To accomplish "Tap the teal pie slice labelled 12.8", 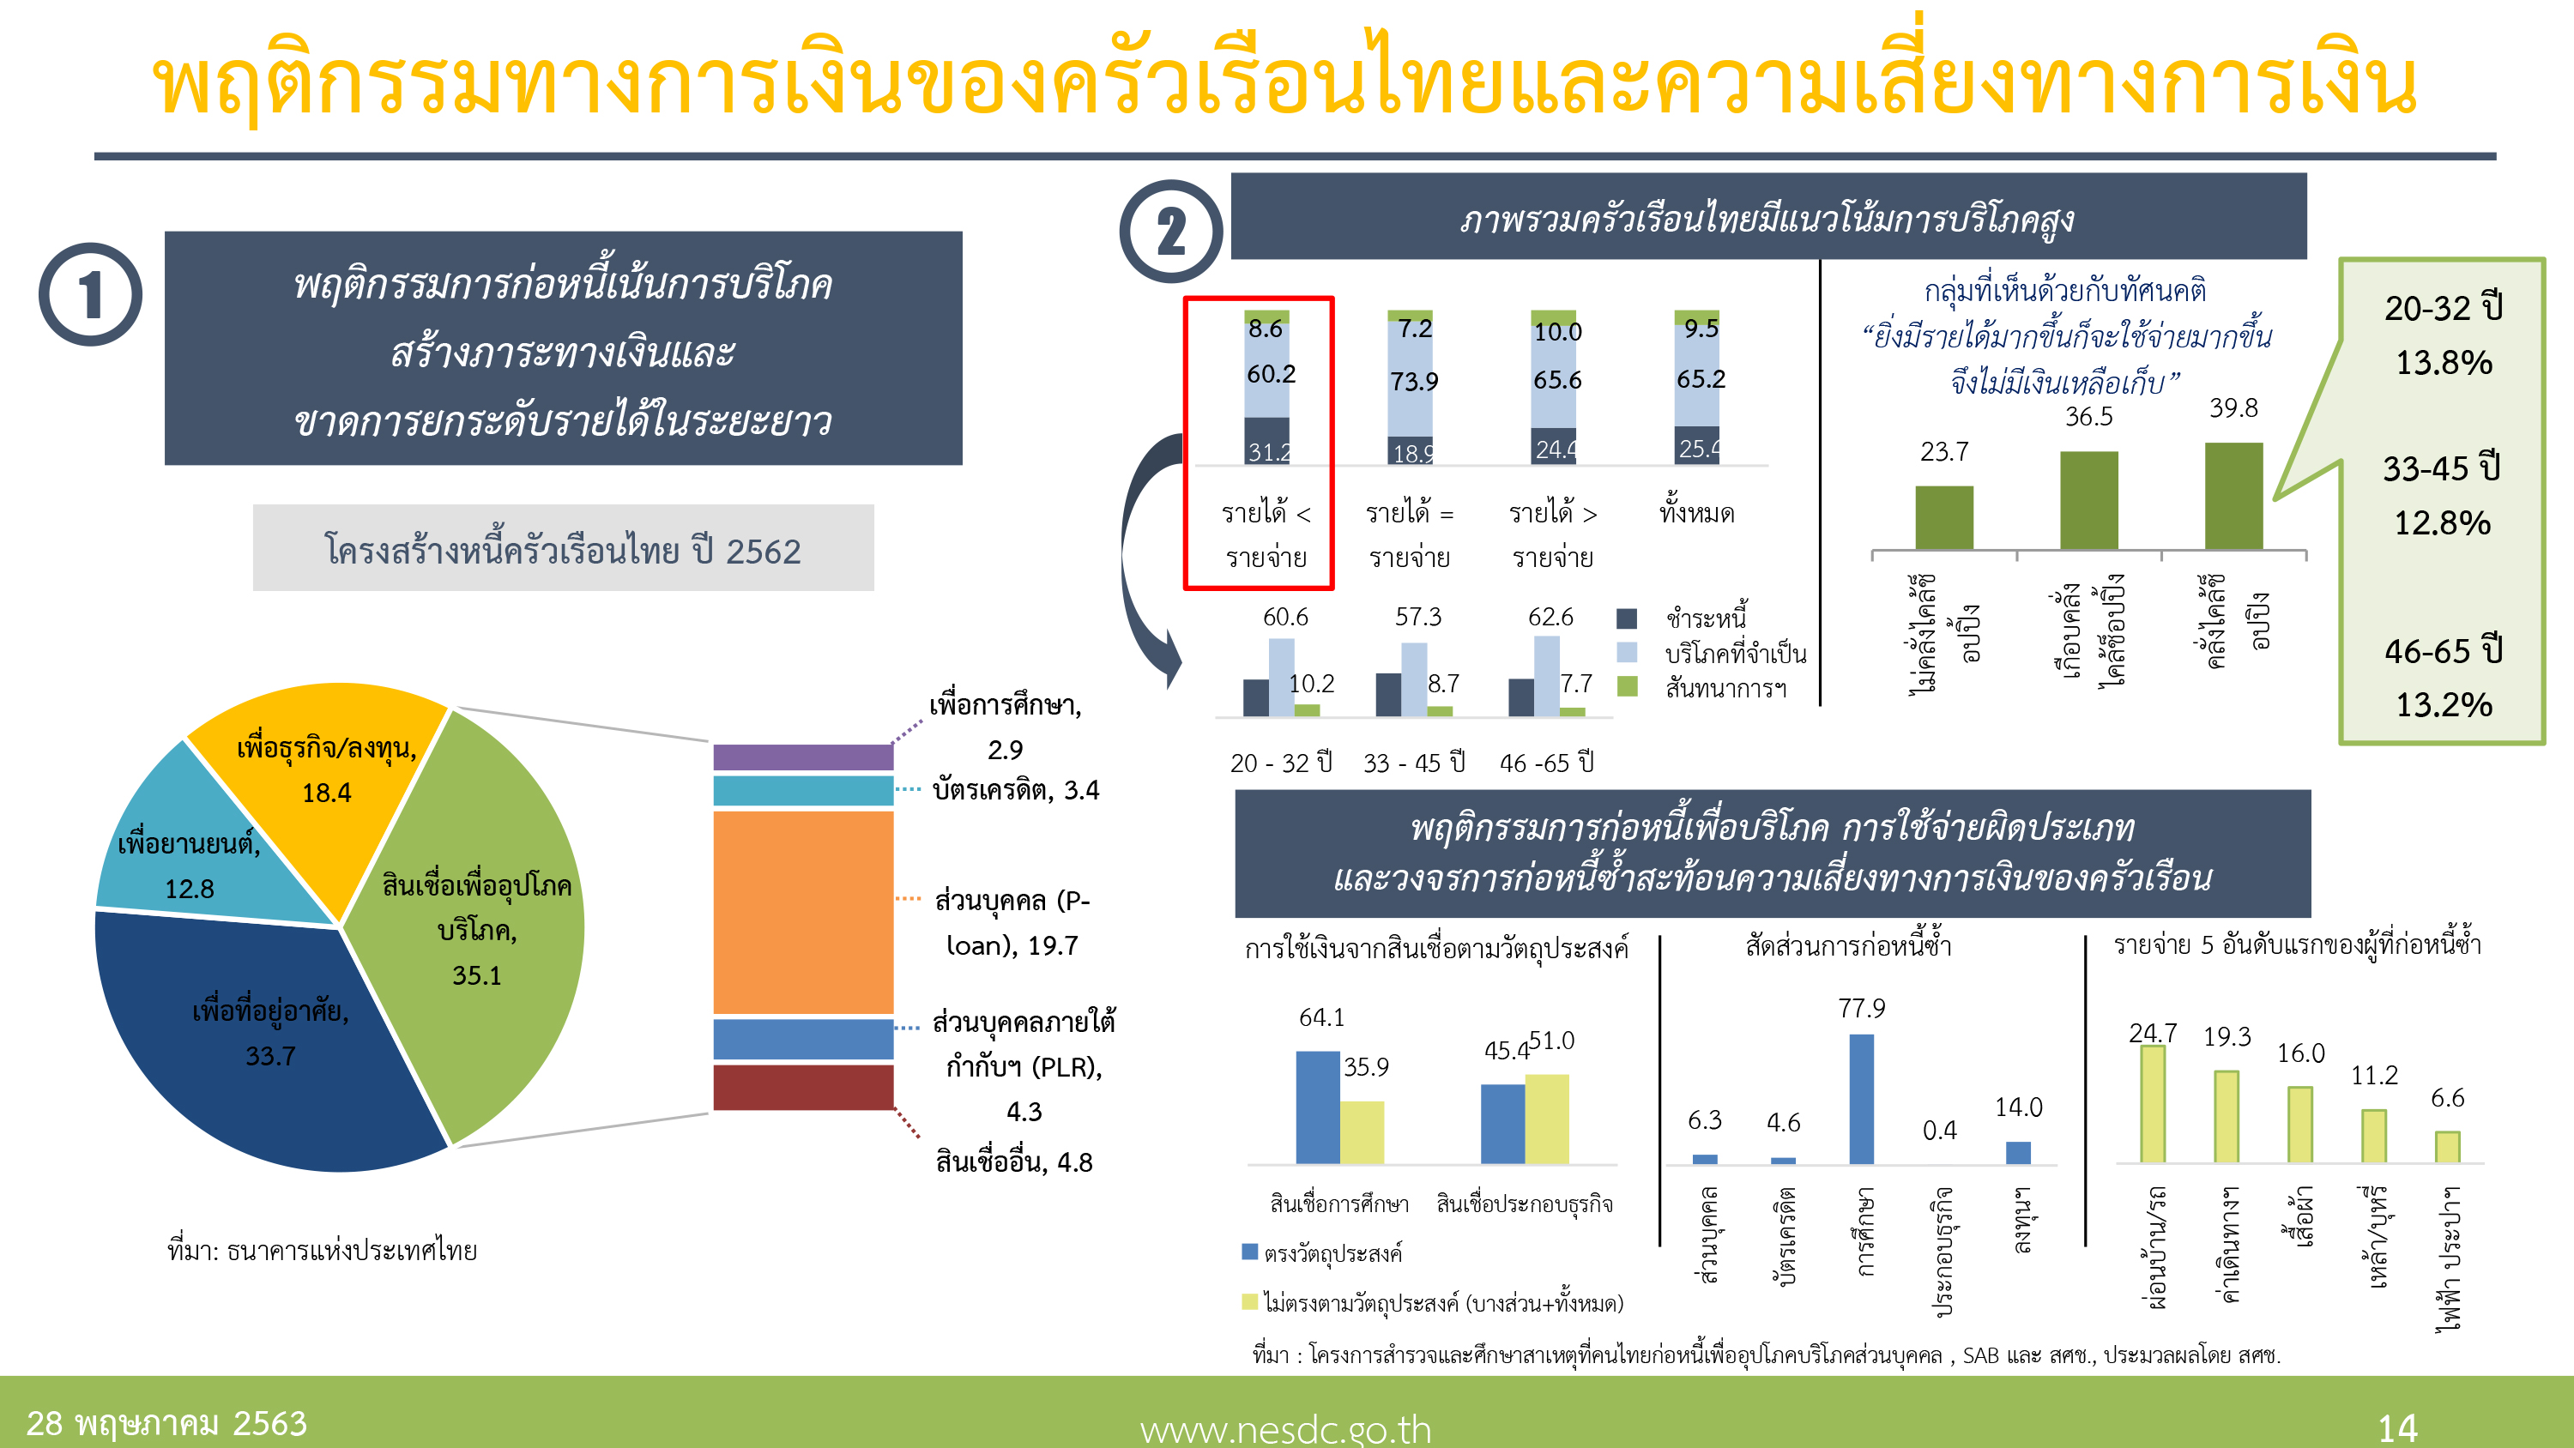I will coord(190,860).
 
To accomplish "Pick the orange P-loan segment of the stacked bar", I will coord(802,911).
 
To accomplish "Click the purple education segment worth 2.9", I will coord(802,757).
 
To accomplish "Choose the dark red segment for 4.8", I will coord(802,1086).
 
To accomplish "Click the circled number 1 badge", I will coord(90,295).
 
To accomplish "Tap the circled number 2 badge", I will coord(1170,231).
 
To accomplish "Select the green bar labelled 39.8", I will coord(2233,496).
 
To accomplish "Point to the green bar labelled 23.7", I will coord(1943,516).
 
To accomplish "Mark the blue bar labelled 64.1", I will coord(1317,1107).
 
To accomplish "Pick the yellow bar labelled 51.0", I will coord(1547,1119).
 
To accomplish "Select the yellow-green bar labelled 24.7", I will coord(2153,1103).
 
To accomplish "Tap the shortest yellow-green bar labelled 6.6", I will coord(2447,1146).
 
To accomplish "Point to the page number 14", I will coord(2397,1428).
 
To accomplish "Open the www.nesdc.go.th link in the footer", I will coord(1285,1429).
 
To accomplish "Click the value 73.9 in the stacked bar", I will coord(1414,382).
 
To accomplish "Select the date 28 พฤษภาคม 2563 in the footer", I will coord(166,1423).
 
